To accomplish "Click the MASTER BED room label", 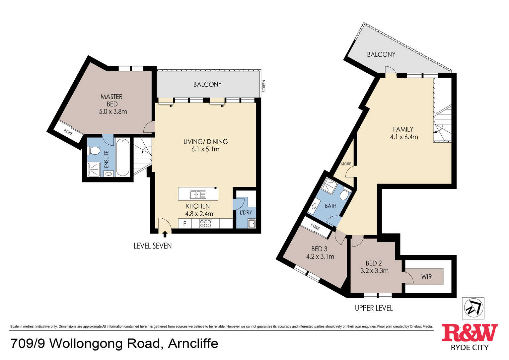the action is [111, 101].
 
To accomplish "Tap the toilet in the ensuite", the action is [94, 150].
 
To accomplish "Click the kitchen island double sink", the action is [198, 194].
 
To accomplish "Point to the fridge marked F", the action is [185, 224].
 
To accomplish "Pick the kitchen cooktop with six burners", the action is [205, 224].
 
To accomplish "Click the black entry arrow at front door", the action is [165, 234].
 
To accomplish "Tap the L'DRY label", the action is [246, 212].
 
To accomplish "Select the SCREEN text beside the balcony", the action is [264, 86].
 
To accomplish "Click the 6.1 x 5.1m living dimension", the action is [205, 149].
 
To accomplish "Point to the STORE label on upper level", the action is [346, 164].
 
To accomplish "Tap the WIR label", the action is [426, 277].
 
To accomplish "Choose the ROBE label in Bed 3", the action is [315, 227].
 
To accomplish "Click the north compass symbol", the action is [473, 308].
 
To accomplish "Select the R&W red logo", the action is [470, 332].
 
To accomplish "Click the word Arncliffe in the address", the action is [193, 343].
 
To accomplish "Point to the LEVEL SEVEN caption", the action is [153, 246].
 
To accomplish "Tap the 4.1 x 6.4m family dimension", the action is [404, 137].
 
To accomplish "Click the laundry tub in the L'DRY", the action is [252, 223].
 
